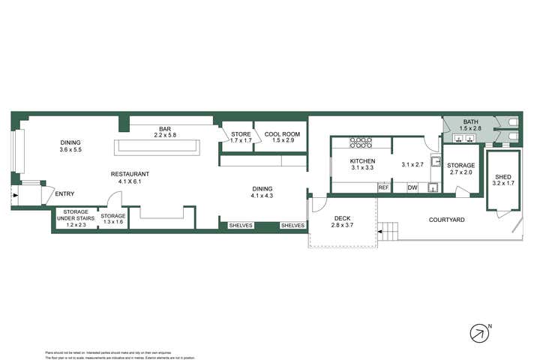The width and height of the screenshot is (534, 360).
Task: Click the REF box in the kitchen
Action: click(x=383, y=187)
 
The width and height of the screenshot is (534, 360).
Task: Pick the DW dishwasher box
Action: click(x=412, y=187)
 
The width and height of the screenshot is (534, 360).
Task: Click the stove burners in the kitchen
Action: click(x=361, y=142)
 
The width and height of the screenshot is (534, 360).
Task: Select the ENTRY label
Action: click(x=65, y=194)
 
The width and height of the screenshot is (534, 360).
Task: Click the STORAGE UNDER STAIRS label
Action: click(x=76, y=218)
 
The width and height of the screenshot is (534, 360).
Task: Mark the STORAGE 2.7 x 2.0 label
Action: click(x=460, y=169)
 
